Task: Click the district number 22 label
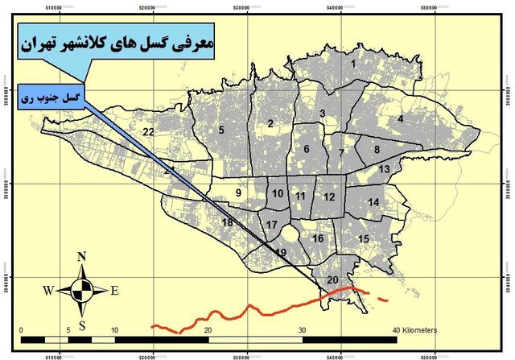[x=147, y=131]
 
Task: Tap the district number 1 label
[x=352, y=63]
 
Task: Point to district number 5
[x=220, y=130]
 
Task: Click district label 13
[x=385, y=168]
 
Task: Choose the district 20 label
[x=333, y=279]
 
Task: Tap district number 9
[x=238, y=192]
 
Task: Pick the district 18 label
[x=228, y=222]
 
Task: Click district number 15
[x=364, y=239]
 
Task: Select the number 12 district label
[x=329, y=197]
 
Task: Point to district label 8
[x=376, y=149]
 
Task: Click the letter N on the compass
[x=81, y=258]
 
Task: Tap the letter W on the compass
[x=49, y=291]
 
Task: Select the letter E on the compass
[x=114, y=291]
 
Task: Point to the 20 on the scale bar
[x=208, y=330]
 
